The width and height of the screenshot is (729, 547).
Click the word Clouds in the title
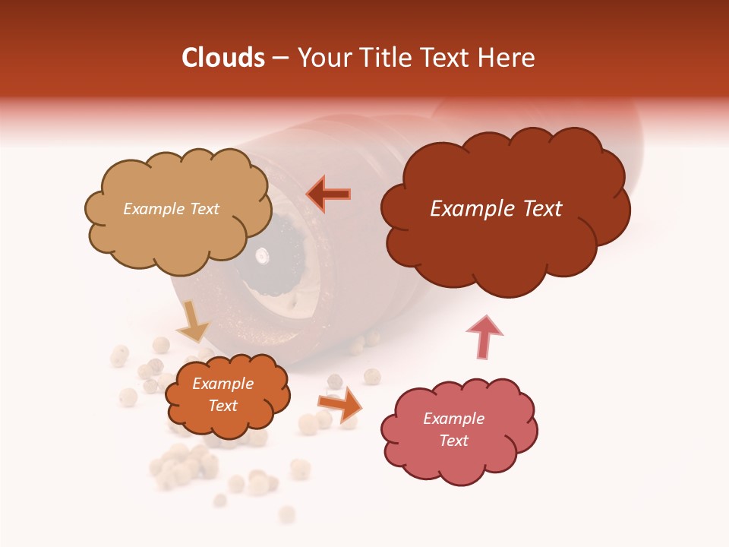(223, 58)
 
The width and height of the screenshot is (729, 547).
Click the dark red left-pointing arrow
(328, 194)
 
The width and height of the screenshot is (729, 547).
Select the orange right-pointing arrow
(339, 403)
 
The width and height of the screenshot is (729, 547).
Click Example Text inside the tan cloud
(171, 209)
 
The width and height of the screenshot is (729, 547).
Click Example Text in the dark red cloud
(496, 209)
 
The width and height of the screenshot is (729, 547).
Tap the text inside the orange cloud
(222, 395)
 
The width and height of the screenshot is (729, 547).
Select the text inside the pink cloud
(453, 429)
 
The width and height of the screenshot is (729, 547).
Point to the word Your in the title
(321, 58)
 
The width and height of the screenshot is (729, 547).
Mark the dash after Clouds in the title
(280, 58)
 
